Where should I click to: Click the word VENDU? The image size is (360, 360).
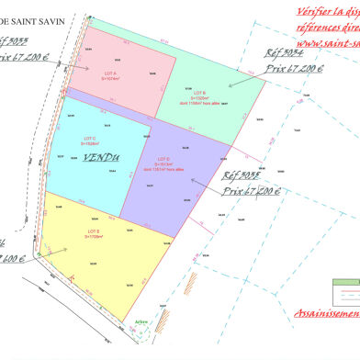pyautogui.click(x=101, y=158)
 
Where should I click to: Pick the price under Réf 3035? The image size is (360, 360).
pyautogui.click(x=251, y=193)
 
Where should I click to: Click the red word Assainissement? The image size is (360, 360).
pyautogui.click(x=326, y=313)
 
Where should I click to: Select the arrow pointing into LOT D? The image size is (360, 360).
pyautogui.click(x=204, y=176)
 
